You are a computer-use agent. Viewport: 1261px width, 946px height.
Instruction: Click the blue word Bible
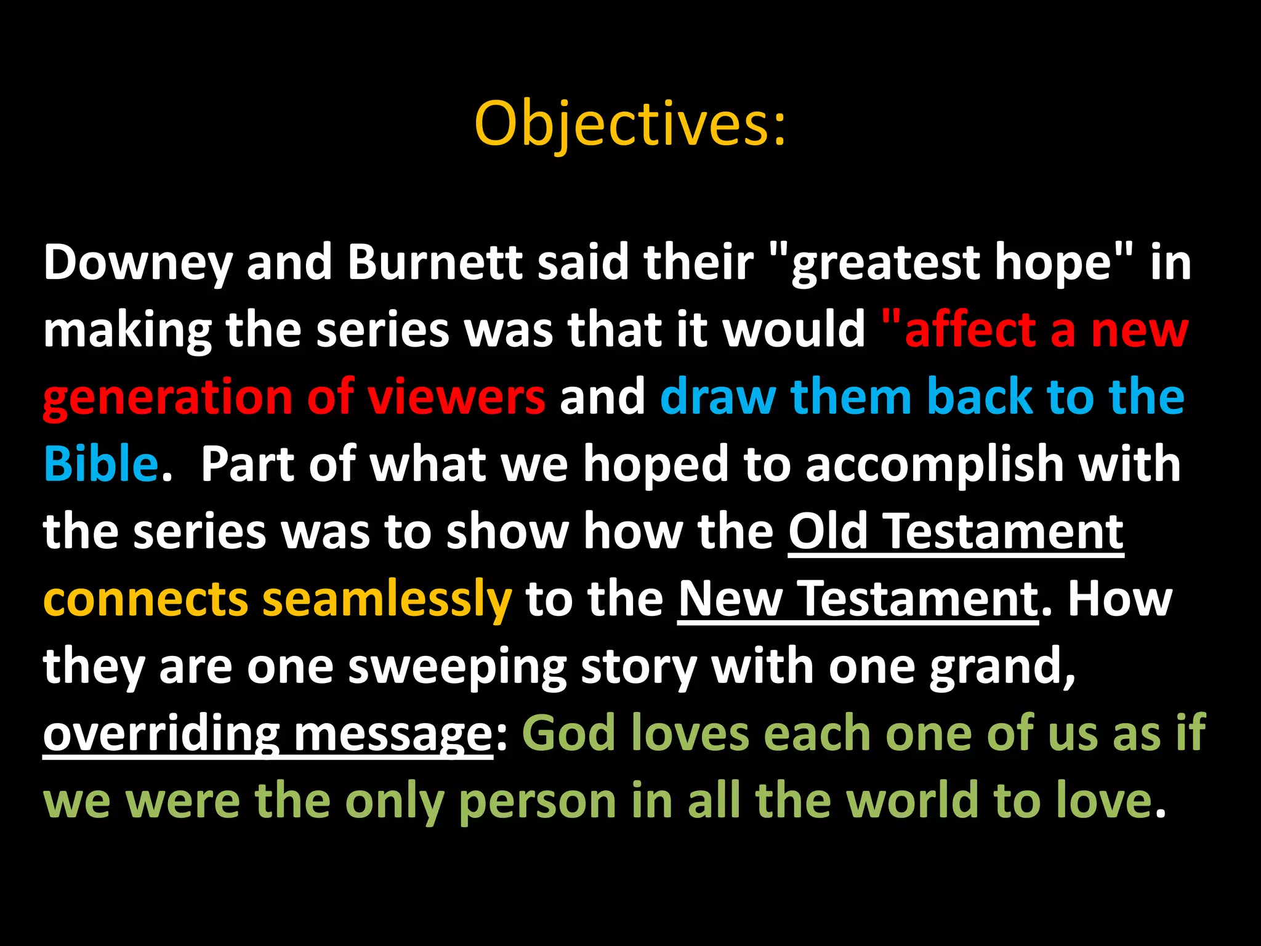pyautogui.click(x=100, y=464)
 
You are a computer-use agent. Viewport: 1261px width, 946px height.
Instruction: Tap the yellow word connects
pyautogui.click(x=145, y=599)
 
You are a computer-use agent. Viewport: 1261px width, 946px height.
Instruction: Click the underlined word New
pyautogui.click(x=730, y=599)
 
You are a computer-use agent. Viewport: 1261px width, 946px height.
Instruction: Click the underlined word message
pyautogui.click(x=393, y=734)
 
